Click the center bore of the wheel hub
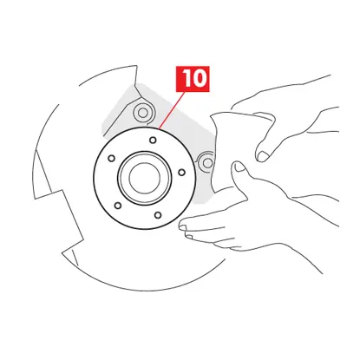tap(140, 177)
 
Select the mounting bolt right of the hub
tap(206, 161)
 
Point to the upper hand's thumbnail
tap(264, 154)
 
